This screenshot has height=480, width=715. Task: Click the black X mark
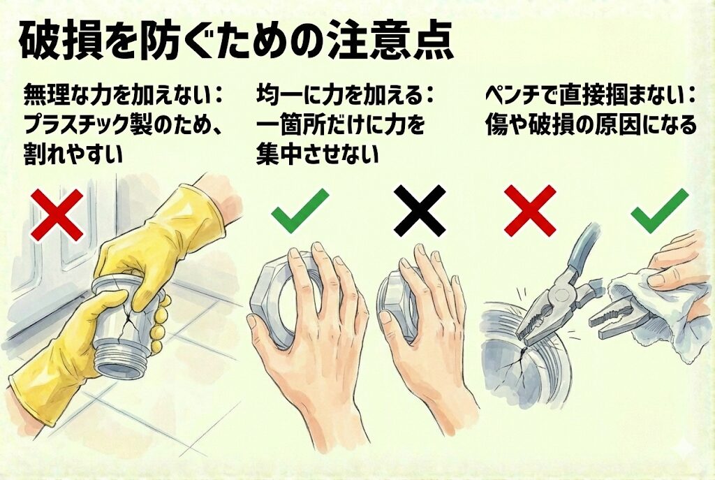pos(420,210)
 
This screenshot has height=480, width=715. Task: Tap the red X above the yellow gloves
pos(57,214)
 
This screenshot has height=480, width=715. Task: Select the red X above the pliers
pos(530,210)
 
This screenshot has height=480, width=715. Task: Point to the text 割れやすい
pos(73,154)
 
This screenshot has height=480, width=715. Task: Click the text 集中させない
pos(318,154)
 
